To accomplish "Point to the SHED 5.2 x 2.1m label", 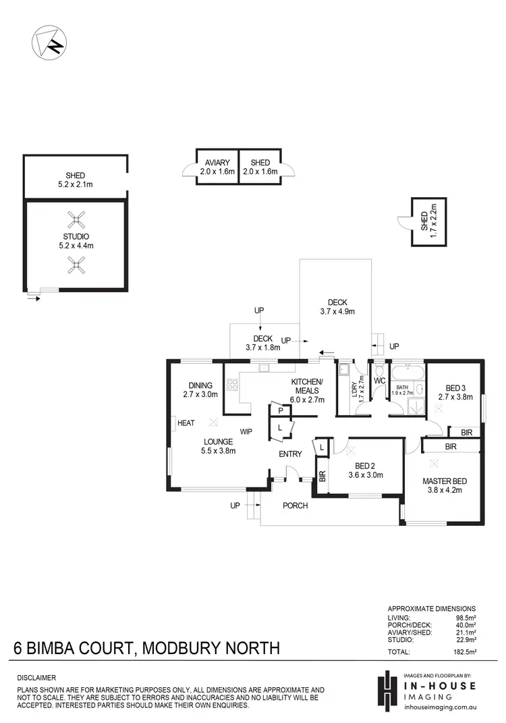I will [76, 180].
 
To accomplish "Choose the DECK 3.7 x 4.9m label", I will [337, 307].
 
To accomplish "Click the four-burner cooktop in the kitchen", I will [233, 385].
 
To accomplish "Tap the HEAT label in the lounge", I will [186, 423].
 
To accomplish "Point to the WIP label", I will [247, 430].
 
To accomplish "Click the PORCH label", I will [295, 505].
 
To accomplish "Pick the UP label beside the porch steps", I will [235, 505].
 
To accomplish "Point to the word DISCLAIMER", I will [36, 677].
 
